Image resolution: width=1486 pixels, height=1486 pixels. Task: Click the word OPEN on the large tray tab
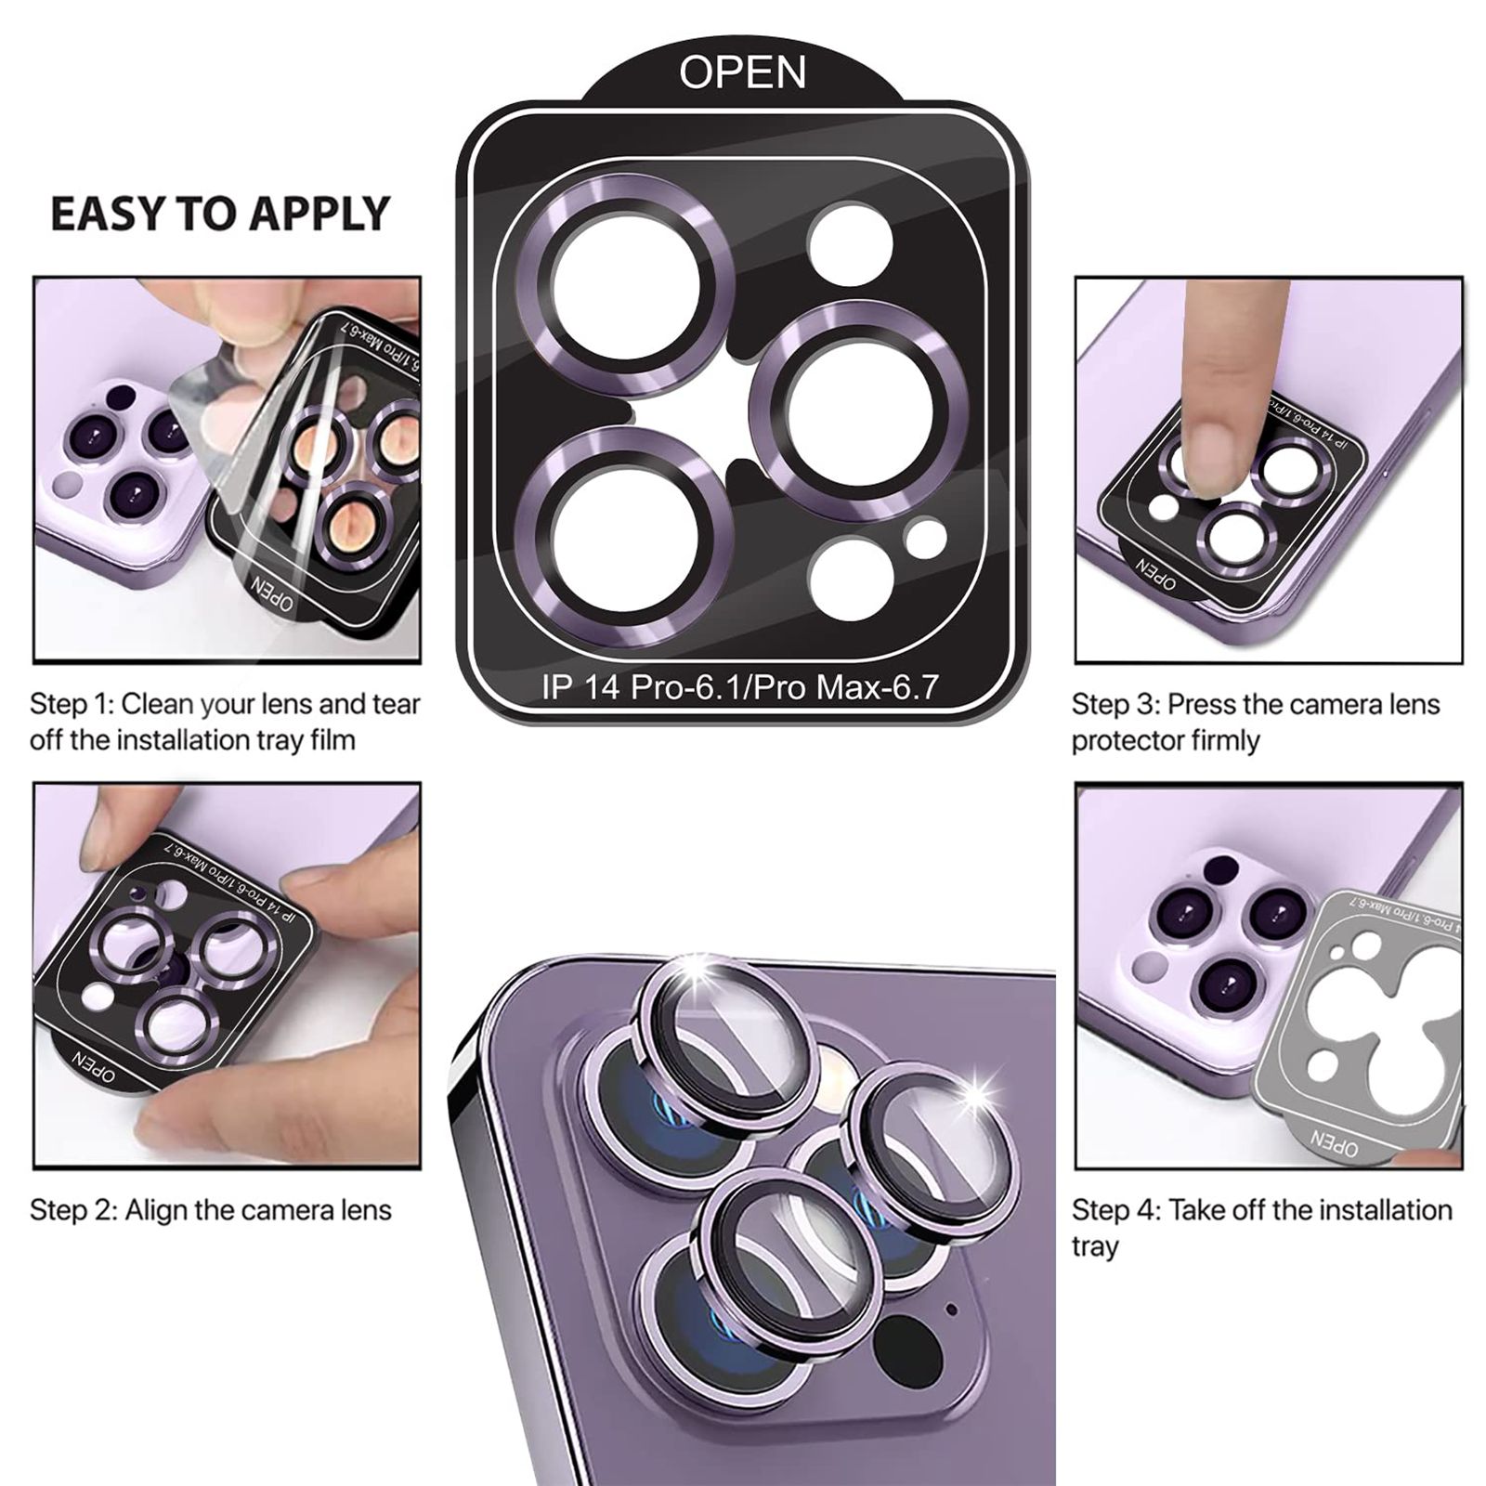742,72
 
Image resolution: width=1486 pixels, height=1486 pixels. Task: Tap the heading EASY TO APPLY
219,214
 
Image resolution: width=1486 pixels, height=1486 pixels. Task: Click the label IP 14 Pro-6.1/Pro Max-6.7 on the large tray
740,687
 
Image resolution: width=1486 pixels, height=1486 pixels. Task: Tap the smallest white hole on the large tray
925,540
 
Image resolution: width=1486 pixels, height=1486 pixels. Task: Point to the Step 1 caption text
225,722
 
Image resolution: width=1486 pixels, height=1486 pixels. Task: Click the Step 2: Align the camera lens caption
211,1210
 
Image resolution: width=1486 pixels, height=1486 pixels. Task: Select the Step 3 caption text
1255,722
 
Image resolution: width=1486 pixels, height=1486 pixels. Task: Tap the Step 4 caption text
1261,1227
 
